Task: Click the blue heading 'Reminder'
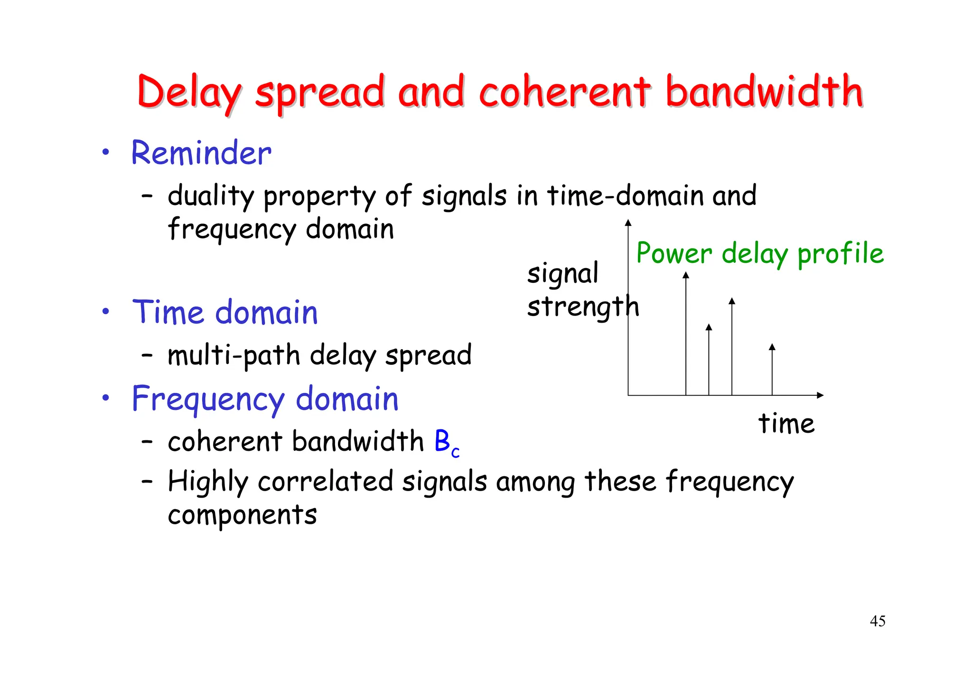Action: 201,153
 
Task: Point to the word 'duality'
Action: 211,196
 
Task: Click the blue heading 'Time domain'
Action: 224,313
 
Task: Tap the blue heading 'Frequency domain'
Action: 265,399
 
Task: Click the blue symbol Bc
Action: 446,443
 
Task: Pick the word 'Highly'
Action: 208,482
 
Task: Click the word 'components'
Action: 242,515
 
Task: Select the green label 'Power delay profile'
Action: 759,253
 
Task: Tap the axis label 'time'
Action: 786,423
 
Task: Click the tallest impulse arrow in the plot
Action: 685,332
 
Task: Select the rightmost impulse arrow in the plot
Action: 772,370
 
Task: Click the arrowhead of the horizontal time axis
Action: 820,395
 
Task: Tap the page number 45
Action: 877,621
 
